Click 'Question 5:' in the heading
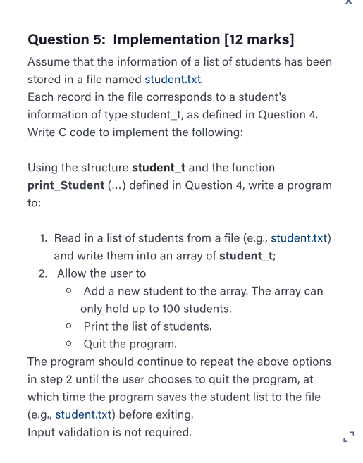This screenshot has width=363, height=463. coord(67,39)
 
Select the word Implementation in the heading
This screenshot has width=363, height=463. coord(166,39)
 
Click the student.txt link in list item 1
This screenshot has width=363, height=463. coord(300,238)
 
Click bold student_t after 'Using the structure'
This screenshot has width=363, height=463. coord(158,168)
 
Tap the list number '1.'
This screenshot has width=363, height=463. coord(44,238)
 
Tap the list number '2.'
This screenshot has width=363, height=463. coord(44,273)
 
